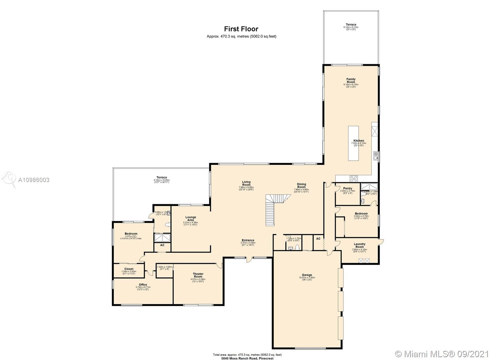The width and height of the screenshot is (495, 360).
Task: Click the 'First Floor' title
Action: point(241,29)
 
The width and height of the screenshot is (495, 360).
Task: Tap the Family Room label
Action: point(351,81)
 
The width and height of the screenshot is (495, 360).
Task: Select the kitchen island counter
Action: point(353,143)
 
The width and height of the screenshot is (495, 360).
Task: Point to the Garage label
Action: point(307,275)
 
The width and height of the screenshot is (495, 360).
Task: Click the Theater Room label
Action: point(198,275)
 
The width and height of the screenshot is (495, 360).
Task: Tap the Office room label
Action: point(143,285)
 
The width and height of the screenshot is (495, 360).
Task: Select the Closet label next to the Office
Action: point(129,269)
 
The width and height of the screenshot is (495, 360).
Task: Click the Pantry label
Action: point(347,189)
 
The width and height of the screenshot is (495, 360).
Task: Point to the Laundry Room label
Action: point(359,245)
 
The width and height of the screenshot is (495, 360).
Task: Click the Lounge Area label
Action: point(191,219)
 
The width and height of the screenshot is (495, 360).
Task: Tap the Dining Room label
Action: point(301,186)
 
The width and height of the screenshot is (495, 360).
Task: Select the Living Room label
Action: point(246,184)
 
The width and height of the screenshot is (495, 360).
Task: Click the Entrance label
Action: point(248,240)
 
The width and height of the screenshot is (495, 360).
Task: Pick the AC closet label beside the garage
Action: point(318,239)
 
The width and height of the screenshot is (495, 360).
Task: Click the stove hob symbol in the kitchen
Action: point(354,179)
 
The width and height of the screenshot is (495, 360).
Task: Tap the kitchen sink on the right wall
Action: point(376,156)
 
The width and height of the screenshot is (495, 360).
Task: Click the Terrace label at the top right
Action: point(351,24)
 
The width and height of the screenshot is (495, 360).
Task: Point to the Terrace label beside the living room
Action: point(161,178)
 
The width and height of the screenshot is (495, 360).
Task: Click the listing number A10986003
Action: point(34,180)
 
